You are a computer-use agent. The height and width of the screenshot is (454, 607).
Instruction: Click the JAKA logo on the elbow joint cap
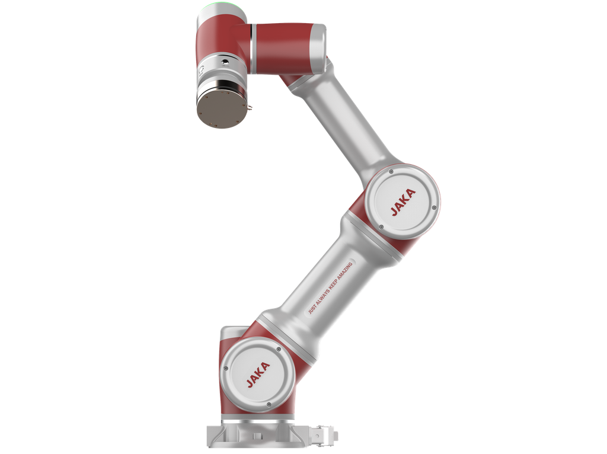tap(403, 202)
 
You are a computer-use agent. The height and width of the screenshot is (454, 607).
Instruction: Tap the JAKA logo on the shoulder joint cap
tap(258, 374)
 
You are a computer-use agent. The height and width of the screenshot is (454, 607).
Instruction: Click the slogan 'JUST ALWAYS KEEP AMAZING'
tap(330, 288)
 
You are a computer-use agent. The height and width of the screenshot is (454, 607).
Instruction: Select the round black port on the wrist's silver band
tap(224, 61)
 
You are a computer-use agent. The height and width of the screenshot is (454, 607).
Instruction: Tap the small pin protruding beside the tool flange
tap(250, 105)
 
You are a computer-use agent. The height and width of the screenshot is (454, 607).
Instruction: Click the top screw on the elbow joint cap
tap(391, 171)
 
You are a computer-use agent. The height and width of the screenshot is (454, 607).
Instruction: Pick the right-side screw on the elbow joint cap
tap(434, 208)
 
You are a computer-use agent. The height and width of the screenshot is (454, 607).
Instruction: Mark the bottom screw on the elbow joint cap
tap(381, 227)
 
